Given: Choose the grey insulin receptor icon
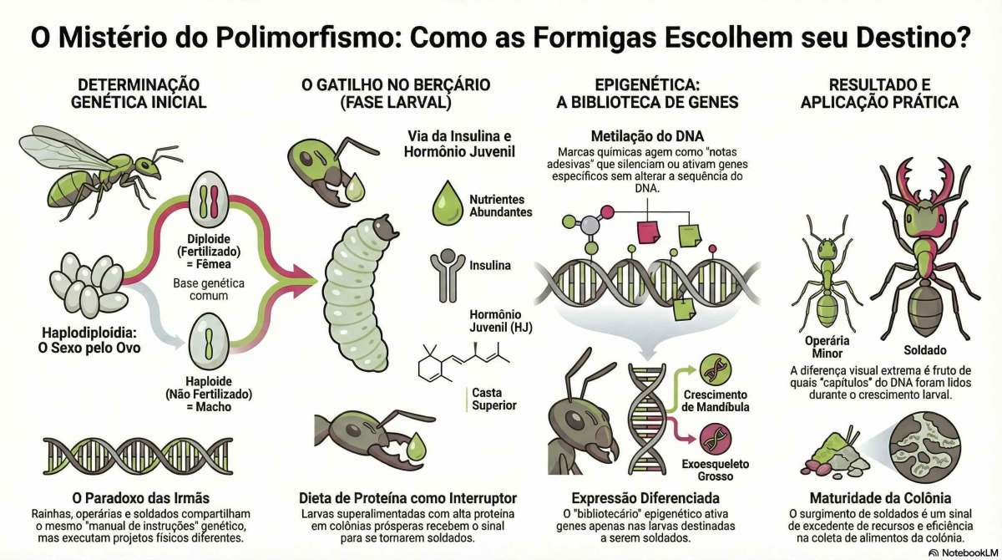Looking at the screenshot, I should click(x=448, y=271).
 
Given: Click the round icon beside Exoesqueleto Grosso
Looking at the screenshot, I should click(x=713, y=437).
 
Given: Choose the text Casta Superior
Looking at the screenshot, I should click(x=493, y=399).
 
